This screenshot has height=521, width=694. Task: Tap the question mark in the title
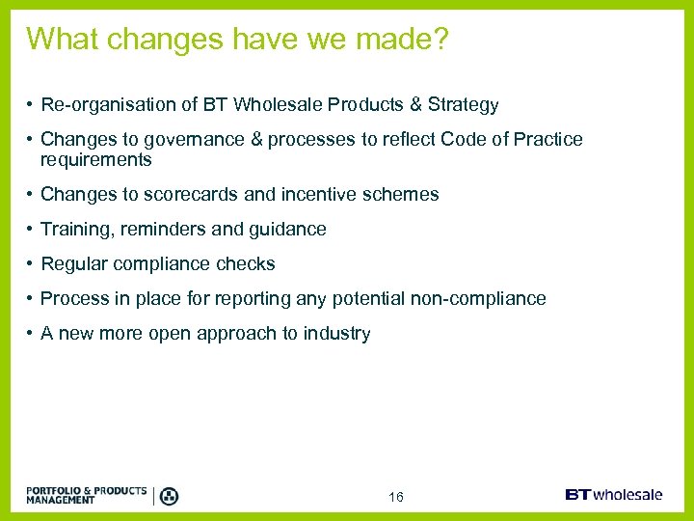[x=440, y=40]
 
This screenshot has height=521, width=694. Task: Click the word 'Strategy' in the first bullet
[x=465, y=105]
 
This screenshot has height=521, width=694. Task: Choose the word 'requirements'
[x=95, y=159]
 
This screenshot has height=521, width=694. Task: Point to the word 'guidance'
[x=288, y=229]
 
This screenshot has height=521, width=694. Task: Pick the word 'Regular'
[x=74, y=263]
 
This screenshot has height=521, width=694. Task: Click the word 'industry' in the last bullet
[x=336, y=333]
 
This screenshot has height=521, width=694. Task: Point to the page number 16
[x=395, y=497]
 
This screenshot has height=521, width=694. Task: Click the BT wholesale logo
[x=613, y=495]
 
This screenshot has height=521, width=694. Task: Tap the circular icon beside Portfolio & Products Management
[x=168, y=496]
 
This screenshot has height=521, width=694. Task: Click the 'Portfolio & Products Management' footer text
[x=87, y=495]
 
